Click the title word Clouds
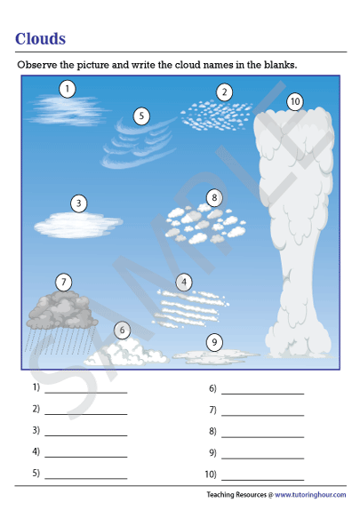(40, 39)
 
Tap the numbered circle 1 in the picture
(68, 88)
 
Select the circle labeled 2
(225, 92)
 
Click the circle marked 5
(141, 116)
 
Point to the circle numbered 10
(295, 102)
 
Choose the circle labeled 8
(213, 197)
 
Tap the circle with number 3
(79, 203)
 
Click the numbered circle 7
(63, 283)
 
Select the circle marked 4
(184, 283)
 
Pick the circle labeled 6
(122, 331)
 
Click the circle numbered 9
(214, 342)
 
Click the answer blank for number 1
(85, 391)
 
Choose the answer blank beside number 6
(262, 391)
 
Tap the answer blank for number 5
(85, 477)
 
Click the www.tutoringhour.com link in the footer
(310, 494)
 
